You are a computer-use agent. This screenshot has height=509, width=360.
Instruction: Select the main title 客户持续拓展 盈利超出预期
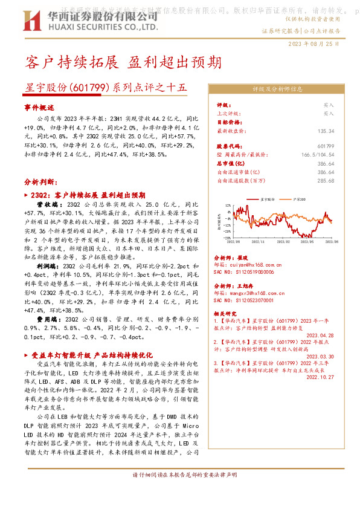[x=123, y=62]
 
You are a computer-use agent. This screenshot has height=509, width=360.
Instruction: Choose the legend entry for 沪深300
[x=301, y=198]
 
